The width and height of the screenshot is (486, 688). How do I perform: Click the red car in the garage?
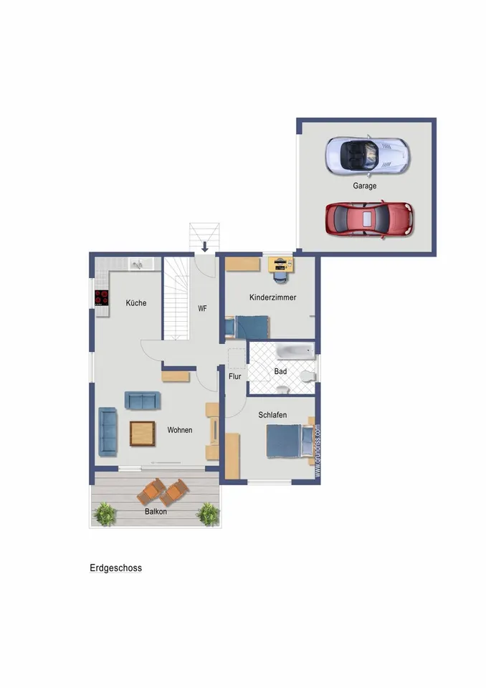click(x=369, y=219)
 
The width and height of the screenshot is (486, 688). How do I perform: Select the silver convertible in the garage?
click(x=367, y=155)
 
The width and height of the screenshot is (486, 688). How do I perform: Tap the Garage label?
click(x=364, y=186)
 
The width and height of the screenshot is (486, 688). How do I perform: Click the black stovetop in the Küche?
click(x=101, y=297)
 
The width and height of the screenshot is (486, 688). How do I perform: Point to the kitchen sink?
click(x=138, y=264)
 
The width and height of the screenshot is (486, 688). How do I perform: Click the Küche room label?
click(x=136, y=302)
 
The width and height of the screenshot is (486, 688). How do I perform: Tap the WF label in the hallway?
click(x=202, y=308)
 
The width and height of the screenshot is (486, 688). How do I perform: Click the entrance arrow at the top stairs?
click(x=204, y=247)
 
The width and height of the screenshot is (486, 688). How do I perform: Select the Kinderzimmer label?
click(x=272, y=297)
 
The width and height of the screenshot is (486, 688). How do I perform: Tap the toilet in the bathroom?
click(x=308, y=376)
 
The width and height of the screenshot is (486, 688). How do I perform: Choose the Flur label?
click(x=235, y=376)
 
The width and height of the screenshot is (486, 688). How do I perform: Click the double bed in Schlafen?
click(x=290, y=441)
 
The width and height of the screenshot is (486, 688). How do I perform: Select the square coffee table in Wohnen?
click(x=142, y=434)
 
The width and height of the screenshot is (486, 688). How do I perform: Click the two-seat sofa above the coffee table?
click(x=142, y=400)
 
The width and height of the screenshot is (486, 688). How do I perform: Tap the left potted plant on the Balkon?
click(x=105, y=514)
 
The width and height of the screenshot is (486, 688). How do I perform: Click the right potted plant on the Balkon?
click(x=208, y=514)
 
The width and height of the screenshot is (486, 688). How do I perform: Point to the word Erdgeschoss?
click(x=116, y=568)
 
